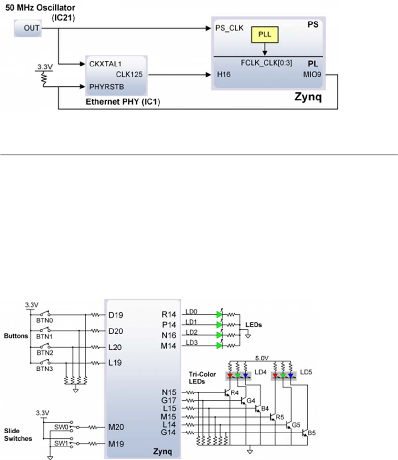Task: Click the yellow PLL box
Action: pyautogui.click(x=265, y=34)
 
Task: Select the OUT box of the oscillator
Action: pyautogui.click(x=28, y=28)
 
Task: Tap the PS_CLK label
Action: pyautogui.click(x=229, y=28)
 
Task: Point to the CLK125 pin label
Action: pyautogui.click(x=129, y=74)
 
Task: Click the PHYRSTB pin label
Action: pyautogui.click(x=107, y=87)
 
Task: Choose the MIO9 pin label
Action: pyautogui.click(x=312, y=74)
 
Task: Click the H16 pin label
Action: pyautogui.click(x=224, y=74)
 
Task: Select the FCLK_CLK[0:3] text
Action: pyautogui.click(x=266, y=63)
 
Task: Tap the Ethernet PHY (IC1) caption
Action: pyautogui.click(x=123, y=102)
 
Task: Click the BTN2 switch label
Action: pyautogui.click(x=45, y=352)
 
